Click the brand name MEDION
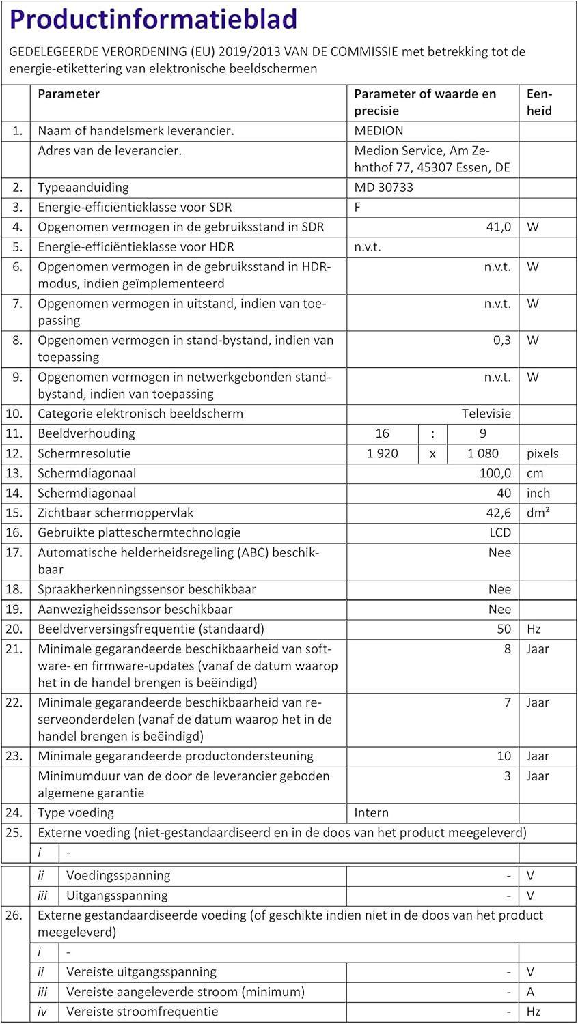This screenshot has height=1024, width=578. [379, 131]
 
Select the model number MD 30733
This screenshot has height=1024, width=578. [383, 188]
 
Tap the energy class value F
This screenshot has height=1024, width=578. [358, 208]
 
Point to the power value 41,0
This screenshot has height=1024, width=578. [498, 227]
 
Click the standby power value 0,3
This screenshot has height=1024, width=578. [502, 340]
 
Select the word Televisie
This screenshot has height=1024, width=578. [486, 414]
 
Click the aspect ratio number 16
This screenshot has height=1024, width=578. [382, 433]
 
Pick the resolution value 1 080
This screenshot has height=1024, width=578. [482, 453]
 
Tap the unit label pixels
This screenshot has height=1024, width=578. [542, 453]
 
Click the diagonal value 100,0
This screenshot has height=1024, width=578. [495, 473]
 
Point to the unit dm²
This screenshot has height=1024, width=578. [538, 513]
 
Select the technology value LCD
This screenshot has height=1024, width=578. [499, 532]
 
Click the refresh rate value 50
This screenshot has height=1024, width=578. [504, 629]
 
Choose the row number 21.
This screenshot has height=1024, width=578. [14, 649]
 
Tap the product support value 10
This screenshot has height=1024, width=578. [504, 756]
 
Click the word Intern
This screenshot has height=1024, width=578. [371, 812]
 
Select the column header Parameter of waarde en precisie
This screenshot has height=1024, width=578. [425, 102]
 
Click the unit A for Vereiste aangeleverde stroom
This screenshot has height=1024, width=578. [531, 992]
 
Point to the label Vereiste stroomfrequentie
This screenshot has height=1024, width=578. [142, 1012]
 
